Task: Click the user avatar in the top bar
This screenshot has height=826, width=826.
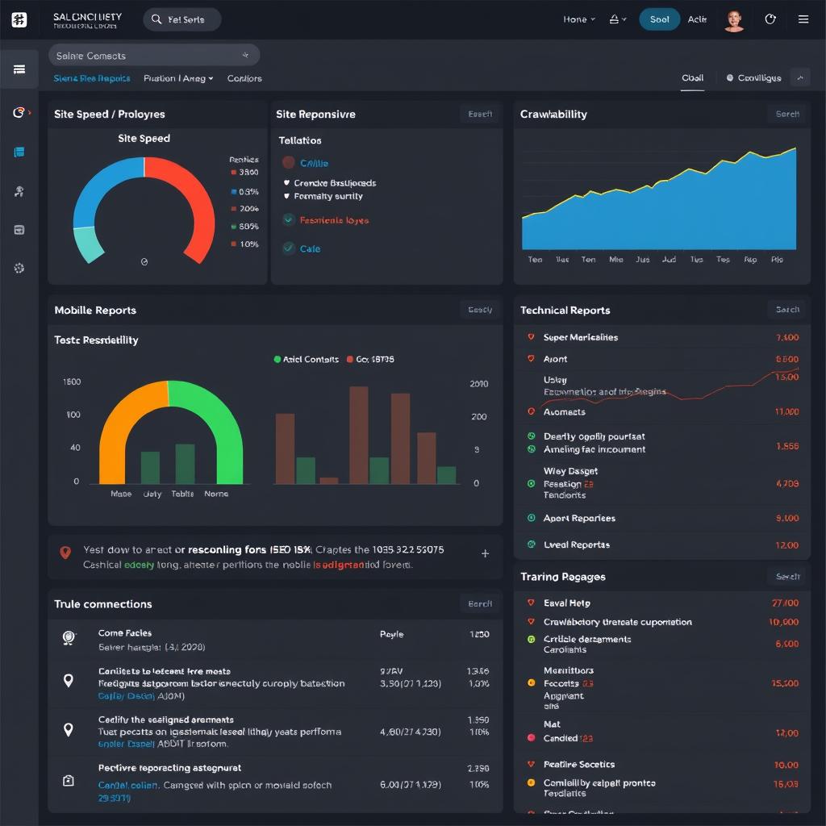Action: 733,20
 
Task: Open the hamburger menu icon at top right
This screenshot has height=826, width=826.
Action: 803,19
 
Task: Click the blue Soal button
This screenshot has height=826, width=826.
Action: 659,19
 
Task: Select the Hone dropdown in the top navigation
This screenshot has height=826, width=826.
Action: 578,19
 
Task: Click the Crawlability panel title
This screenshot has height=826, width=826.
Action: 553,114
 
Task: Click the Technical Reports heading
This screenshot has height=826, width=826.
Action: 565,310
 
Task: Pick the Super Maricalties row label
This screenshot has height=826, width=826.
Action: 580,337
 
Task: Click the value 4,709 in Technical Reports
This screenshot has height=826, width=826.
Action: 786,484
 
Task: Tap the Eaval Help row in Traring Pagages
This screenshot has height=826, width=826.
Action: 566,603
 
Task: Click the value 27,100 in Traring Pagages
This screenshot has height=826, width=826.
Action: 785,603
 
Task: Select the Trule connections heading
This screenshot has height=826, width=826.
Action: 102,603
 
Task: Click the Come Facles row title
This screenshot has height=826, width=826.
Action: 125,633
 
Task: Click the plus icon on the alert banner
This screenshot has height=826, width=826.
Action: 485,553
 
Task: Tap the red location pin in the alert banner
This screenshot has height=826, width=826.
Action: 66,553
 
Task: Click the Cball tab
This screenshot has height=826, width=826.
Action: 692,78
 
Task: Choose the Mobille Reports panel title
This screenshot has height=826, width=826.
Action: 95,310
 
